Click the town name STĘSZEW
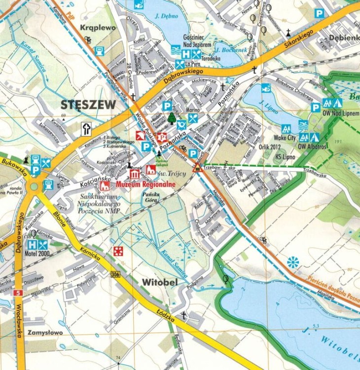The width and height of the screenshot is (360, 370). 89,105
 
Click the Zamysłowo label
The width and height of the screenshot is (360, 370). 47,333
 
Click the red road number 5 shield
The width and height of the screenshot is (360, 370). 19,293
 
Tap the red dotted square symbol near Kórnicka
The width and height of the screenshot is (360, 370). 118,251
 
